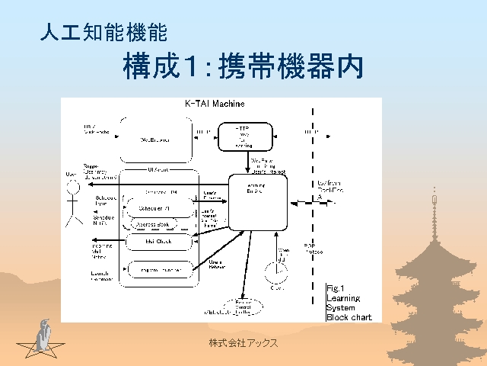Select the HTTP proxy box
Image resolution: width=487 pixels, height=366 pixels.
pos(244,136)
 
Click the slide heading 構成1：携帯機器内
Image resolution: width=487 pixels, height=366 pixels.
pos(242,67)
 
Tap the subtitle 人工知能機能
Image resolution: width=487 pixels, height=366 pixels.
pos(103,33)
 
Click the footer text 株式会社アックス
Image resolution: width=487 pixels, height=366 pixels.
pos(243,344)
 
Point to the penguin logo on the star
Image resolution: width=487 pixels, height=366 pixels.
pos(43,336)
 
